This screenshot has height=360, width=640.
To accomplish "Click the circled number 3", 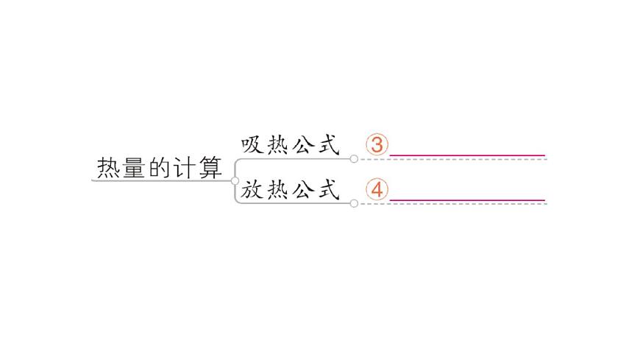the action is pyautogui.click(x=377, y=145).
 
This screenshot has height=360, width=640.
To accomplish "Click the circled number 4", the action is pyautogui.click(x=377, y=190).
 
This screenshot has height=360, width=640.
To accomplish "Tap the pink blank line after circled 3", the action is pyautogui.click(x=467, y=156).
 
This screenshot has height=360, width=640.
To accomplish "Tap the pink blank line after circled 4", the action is pyautogui.click(x=467, y=200).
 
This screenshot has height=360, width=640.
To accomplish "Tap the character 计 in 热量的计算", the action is pyautogui.click(x=184, y=169).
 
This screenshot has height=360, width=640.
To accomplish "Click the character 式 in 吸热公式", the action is pyautogui.click(x=327, y=145).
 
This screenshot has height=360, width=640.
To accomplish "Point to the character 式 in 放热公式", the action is pyautogui.click(x=327, y=190).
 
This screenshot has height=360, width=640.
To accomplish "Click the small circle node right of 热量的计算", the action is pyautogui.click(x=235, y=180).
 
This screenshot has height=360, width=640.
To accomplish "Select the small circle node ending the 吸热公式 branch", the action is pyautogui.click(x=354, y=158).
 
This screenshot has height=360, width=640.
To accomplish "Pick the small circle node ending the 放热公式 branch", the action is pyautogui.click(x=354, y=203).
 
